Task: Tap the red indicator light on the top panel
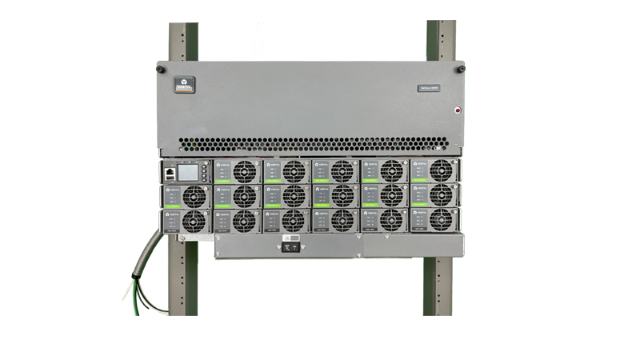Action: tap(458, 110)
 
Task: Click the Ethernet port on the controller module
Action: tap(170, 171)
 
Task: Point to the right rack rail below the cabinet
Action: tap(439, 288)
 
